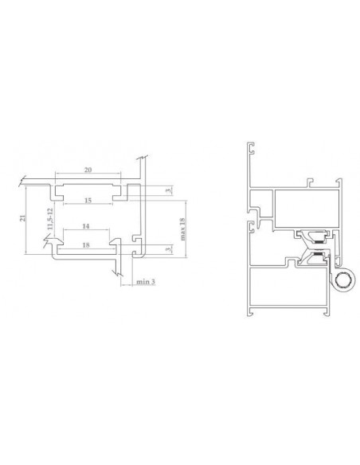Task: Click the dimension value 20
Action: click(88, 170)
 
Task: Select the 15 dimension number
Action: click(88, 201)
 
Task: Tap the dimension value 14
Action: click(86, 226)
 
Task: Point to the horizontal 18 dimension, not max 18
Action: click(86, 245)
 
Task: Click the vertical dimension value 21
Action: click(22, 218)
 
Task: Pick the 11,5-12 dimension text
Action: click(49, 219)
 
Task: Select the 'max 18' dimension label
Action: click(182, 229)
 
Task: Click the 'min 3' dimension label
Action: click(146, 282)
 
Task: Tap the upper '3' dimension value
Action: click(169, 190)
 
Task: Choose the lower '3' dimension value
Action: click(169, 249)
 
